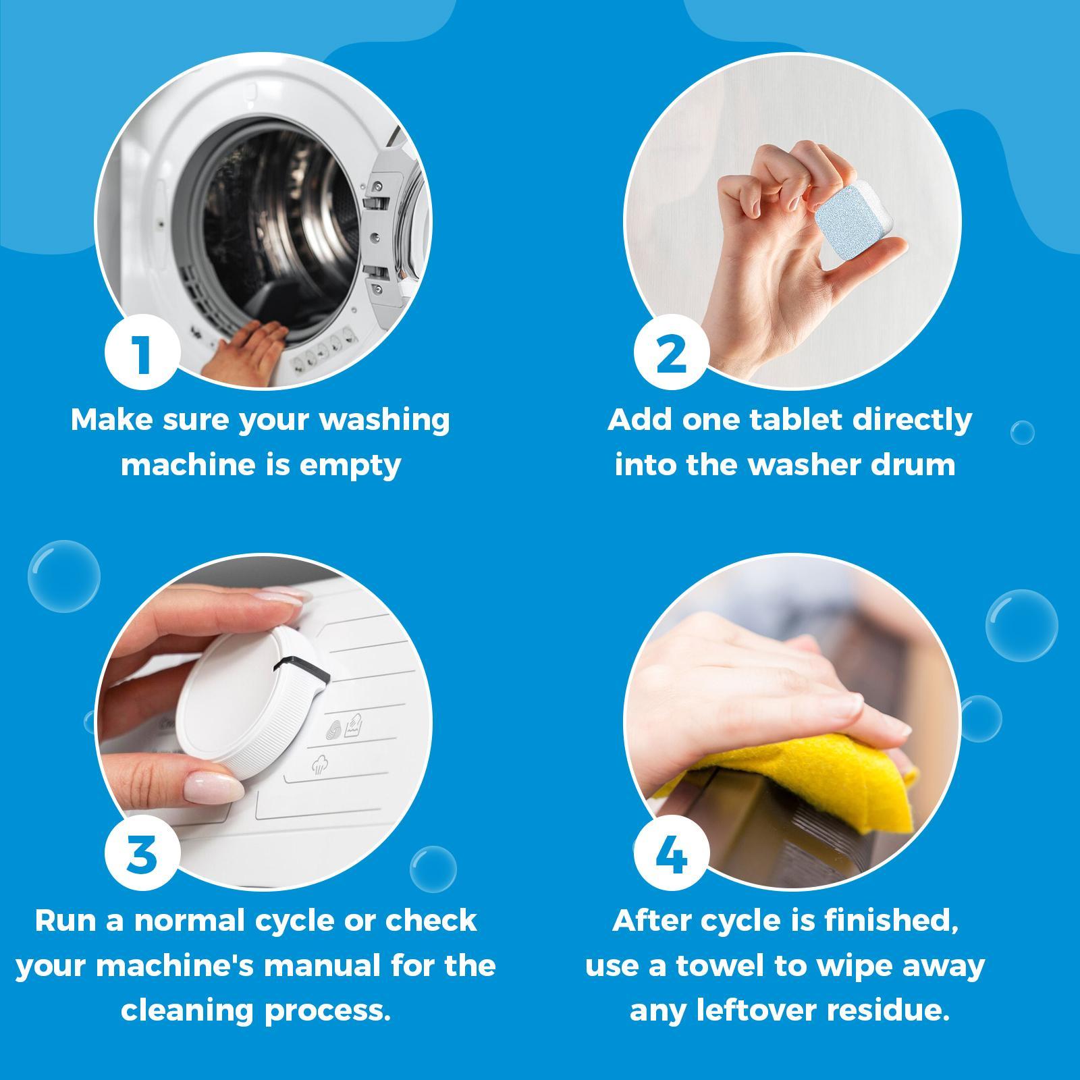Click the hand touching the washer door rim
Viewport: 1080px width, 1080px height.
tap(243, 348)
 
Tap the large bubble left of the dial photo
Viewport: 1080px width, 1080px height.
tap(63, 576)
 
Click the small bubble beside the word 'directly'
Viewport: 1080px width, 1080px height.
tap(1022, 432)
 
